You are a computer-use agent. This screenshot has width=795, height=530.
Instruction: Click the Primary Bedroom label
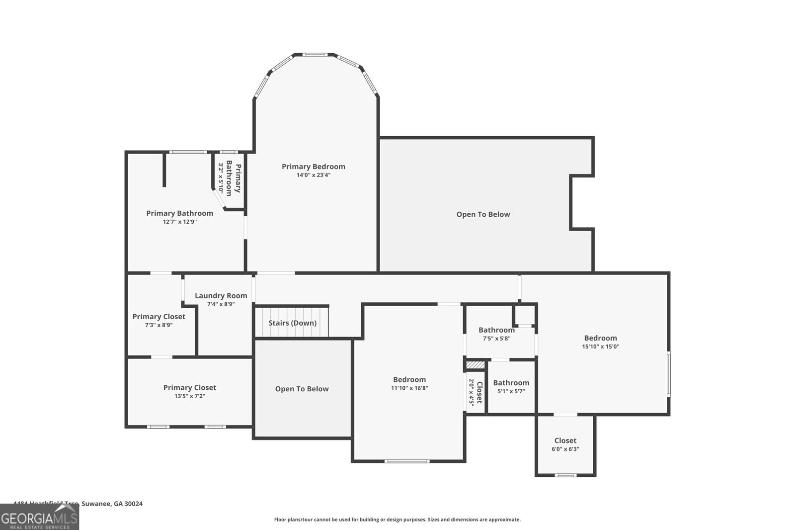click(313, 167)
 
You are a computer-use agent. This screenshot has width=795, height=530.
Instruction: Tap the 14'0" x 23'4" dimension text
click(313, 175)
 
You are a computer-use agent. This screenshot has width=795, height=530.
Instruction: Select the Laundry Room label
click(221, 295)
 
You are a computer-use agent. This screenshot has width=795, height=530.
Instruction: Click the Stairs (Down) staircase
click(292, 323)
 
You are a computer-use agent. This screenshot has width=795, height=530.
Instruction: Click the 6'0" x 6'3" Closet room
click(565, 444)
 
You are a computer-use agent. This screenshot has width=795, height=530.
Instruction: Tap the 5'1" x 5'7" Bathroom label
click(511, 382)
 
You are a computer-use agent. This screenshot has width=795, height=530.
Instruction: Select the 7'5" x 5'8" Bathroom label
click(496, 330)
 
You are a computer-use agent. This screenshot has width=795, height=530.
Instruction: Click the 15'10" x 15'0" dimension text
click(600, 347)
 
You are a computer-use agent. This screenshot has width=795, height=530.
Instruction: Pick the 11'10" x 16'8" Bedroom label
click(409, 379)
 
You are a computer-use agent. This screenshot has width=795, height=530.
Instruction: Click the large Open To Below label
click(483, 214)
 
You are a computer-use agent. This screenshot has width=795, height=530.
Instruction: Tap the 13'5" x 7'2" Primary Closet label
click(189, 387)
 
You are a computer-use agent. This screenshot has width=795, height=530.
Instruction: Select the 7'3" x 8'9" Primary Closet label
click(159, 317)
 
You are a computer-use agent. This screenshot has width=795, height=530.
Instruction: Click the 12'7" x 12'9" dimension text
click(179, 222)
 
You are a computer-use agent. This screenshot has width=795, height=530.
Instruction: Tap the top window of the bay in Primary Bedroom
click(316, 55)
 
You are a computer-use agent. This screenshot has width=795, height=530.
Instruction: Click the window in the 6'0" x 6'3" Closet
click(565, 475)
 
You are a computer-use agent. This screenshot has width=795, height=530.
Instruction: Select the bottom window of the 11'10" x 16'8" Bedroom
click(406, 461)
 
